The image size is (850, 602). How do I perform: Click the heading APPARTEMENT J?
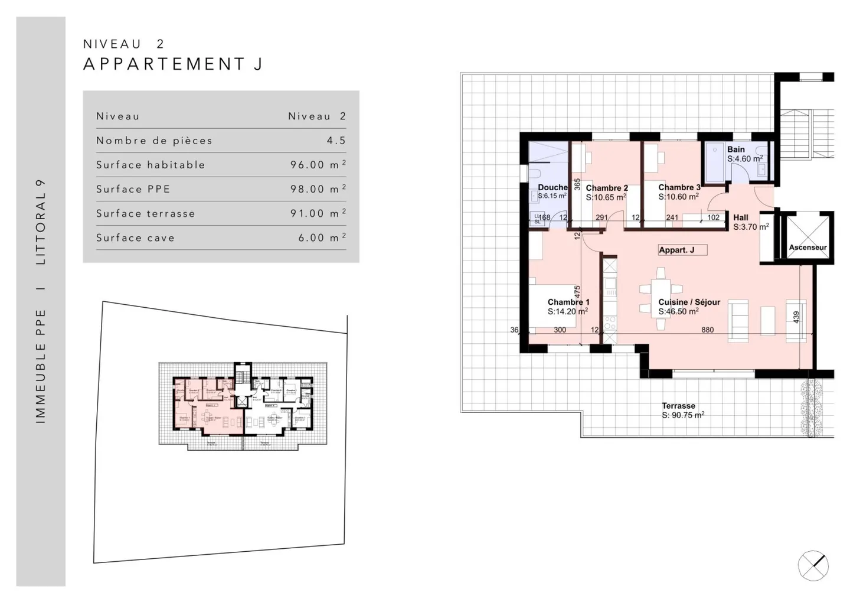(x=173, y=64)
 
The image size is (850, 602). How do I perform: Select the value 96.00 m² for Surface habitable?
(x=318, y=165)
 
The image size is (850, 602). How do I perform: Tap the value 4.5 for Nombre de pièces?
(x=336, y=141)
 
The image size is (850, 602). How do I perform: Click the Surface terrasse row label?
(x=145, y=213)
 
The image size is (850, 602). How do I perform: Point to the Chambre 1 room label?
(x=568, y=307)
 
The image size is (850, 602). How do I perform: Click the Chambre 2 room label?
(x=606, y=193)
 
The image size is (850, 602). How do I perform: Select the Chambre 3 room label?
(x=679, y=192)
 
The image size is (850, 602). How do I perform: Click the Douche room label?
(x=552, y=191)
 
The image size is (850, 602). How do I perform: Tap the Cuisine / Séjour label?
(x=689, y=307)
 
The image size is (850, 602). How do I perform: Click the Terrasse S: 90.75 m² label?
(x=682, y=411)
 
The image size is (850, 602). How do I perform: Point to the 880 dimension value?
(x=707, y=330)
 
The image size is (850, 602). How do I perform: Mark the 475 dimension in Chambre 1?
(x=578, y=292)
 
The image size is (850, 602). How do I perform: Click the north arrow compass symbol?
(x=813, y=565)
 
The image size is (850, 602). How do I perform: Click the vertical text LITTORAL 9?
(x=41, y=222)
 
